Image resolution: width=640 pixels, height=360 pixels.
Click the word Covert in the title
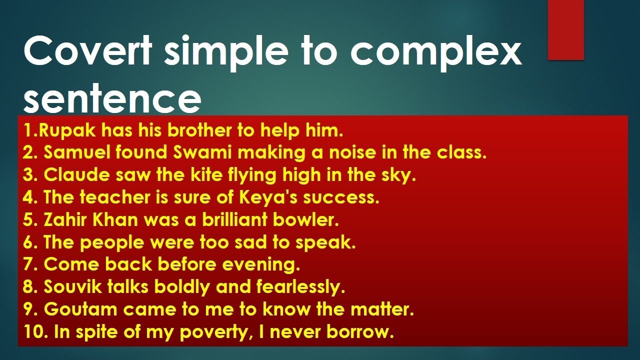click(x=88, y=51)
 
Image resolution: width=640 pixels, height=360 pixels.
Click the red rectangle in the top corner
click(x=565, y=30)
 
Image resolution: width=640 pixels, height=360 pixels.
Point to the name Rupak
click(x=67, y=131)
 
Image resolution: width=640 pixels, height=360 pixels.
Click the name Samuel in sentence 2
click(x=75, y=153)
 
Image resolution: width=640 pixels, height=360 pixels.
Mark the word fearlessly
click(x=300, y=287)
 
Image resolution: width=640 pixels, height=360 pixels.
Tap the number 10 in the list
click(x=33, y=332)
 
